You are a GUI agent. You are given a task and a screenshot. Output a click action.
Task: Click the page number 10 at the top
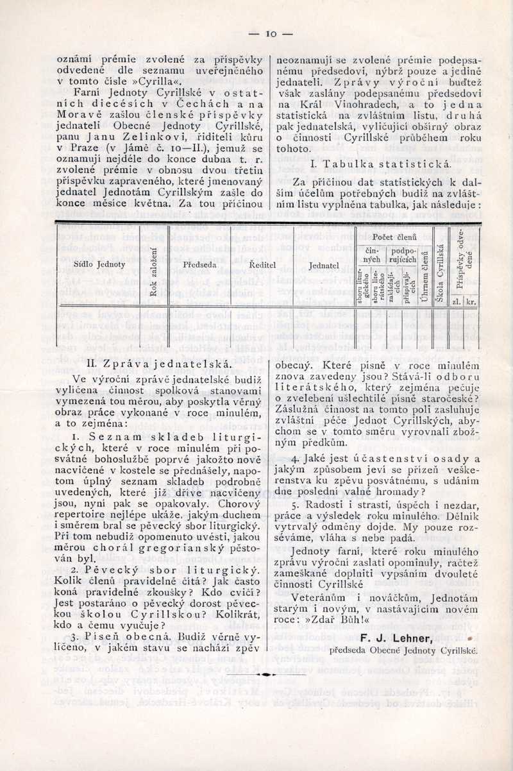pos(270,33)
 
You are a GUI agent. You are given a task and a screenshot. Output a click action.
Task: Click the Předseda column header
pos(199,264)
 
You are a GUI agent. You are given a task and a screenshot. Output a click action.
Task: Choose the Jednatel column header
pos(324,264)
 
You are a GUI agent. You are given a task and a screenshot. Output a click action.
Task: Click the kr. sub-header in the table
pos(471,300)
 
